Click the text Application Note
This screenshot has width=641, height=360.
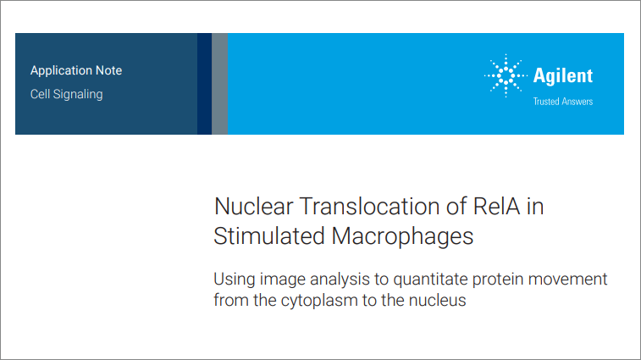click(76, 70)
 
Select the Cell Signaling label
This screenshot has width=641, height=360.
click(66, 94)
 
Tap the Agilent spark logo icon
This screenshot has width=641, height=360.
click(505, 75)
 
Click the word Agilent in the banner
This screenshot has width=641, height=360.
click(563, 75)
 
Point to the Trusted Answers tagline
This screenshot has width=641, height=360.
click(562, 102)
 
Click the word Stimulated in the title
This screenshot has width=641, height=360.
click(263, 235)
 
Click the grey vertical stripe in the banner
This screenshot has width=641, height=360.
click(220, 84)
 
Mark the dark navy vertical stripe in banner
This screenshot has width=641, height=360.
click(204, 84)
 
